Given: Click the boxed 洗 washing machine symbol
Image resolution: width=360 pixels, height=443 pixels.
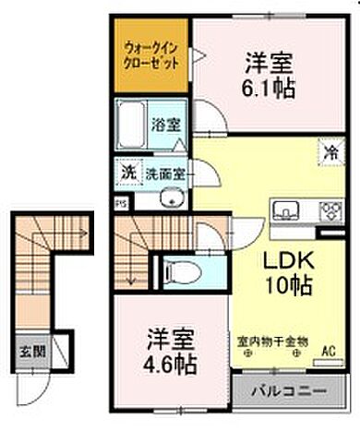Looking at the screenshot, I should (127, 173).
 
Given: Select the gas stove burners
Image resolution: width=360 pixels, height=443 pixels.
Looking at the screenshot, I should (329, 211).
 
